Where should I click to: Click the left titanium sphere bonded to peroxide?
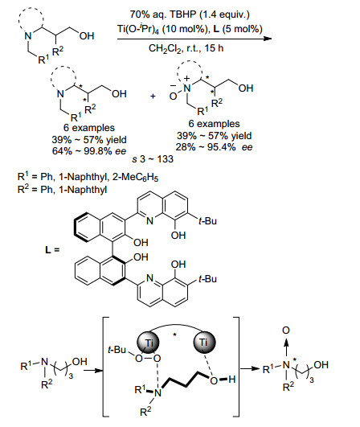click(148, 343)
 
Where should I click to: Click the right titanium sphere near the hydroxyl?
click(204, 343)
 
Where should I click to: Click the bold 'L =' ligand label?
click(52, 249)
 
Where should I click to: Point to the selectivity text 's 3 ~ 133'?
click(153, 158)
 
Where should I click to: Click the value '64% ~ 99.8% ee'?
click(89, 150)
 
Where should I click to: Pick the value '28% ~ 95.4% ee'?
click(214, 147)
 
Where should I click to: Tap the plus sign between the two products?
click(153, 96)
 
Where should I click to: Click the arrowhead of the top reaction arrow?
click(268, 39)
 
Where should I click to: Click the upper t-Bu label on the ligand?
click(207, 220)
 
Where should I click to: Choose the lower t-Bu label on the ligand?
click(207, 279)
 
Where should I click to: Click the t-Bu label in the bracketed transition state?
click(117, 349)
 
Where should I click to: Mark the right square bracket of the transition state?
click(237, 367)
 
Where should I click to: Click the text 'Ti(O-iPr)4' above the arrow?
click(138, 29)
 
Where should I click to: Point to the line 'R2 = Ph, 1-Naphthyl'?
click(62, 189)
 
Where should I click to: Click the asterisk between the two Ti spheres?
click(174, 335)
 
